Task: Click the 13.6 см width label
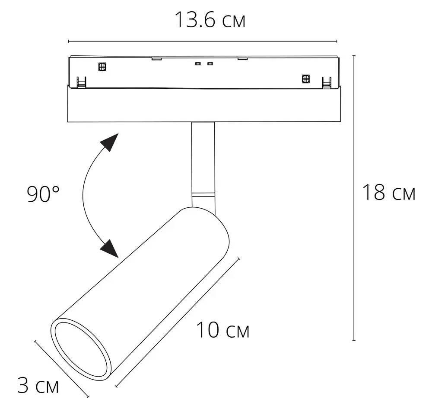pos(210,20)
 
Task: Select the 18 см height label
pos(388,193)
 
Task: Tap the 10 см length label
pos(223,331)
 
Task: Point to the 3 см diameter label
pos(38,385)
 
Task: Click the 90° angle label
pos(43,194)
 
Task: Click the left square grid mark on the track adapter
pos(102,67)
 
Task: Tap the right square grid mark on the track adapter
pos(305,79)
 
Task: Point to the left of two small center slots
pos(198,64)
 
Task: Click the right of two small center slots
pos(210,64)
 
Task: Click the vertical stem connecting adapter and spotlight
pos(203,156)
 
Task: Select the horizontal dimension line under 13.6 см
pos(203,42)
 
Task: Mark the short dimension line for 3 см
pos(61,368)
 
